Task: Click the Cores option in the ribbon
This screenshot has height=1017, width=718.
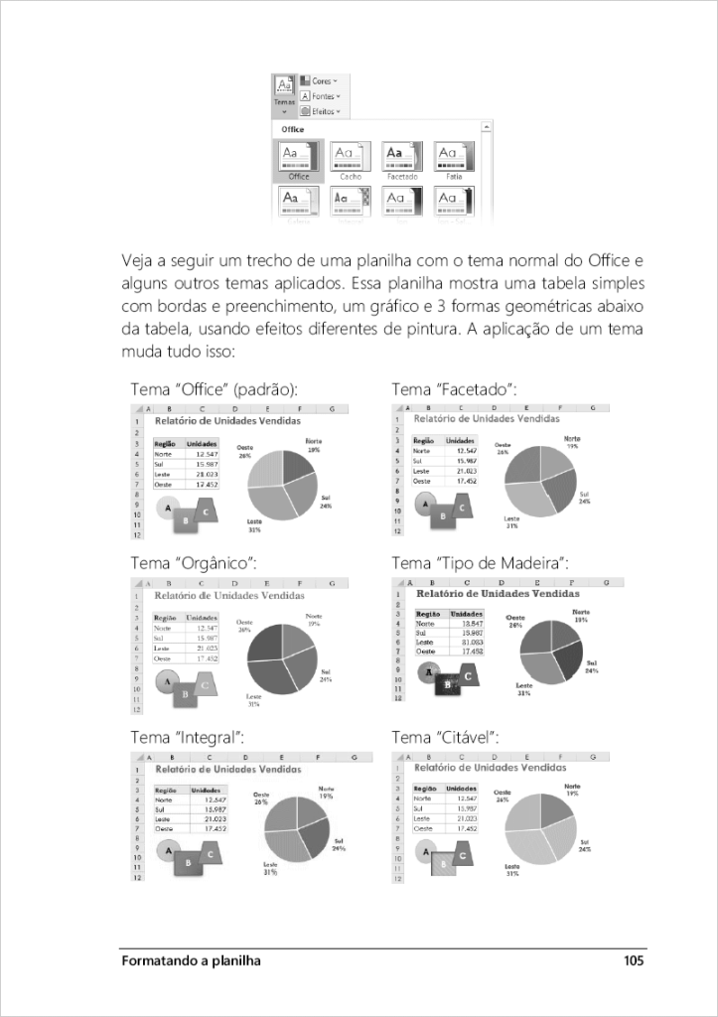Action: click(x=319, y=80)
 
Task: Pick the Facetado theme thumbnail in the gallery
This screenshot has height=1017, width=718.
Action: click(x=402, y=158)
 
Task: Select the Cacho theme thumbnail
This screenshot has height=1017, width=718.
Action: click(x=351, y=158)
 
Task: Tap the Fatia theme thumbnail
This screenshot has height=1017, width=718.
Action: click(x=454, y=158)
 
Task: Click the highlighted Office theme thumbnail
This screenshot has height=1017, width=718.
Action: click(x=298, y=158)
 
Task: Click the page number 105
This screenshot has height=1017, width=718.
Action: click(x=635, y=960)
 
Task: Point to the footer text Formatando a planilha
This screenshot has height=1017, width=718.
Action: click(x=191, y=960)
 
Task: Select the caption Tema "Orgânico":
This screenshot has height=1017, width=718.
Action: click(x=194, y=563)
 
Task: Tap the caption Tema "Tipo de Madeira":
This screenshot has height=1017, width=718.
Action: click(x=480, y=563)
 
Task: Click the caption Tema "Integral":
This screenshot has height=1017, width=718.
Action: click(x=188, y=737)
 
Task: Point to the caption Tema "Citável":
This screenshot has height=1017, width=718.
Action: click(x=445, y=737)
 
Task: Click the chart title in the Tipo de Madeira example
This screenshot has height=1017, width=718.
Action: click(x=497, y=593)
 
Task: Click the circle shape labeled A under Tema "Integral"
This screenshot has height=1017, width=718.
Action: click(x=170, y=851)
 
